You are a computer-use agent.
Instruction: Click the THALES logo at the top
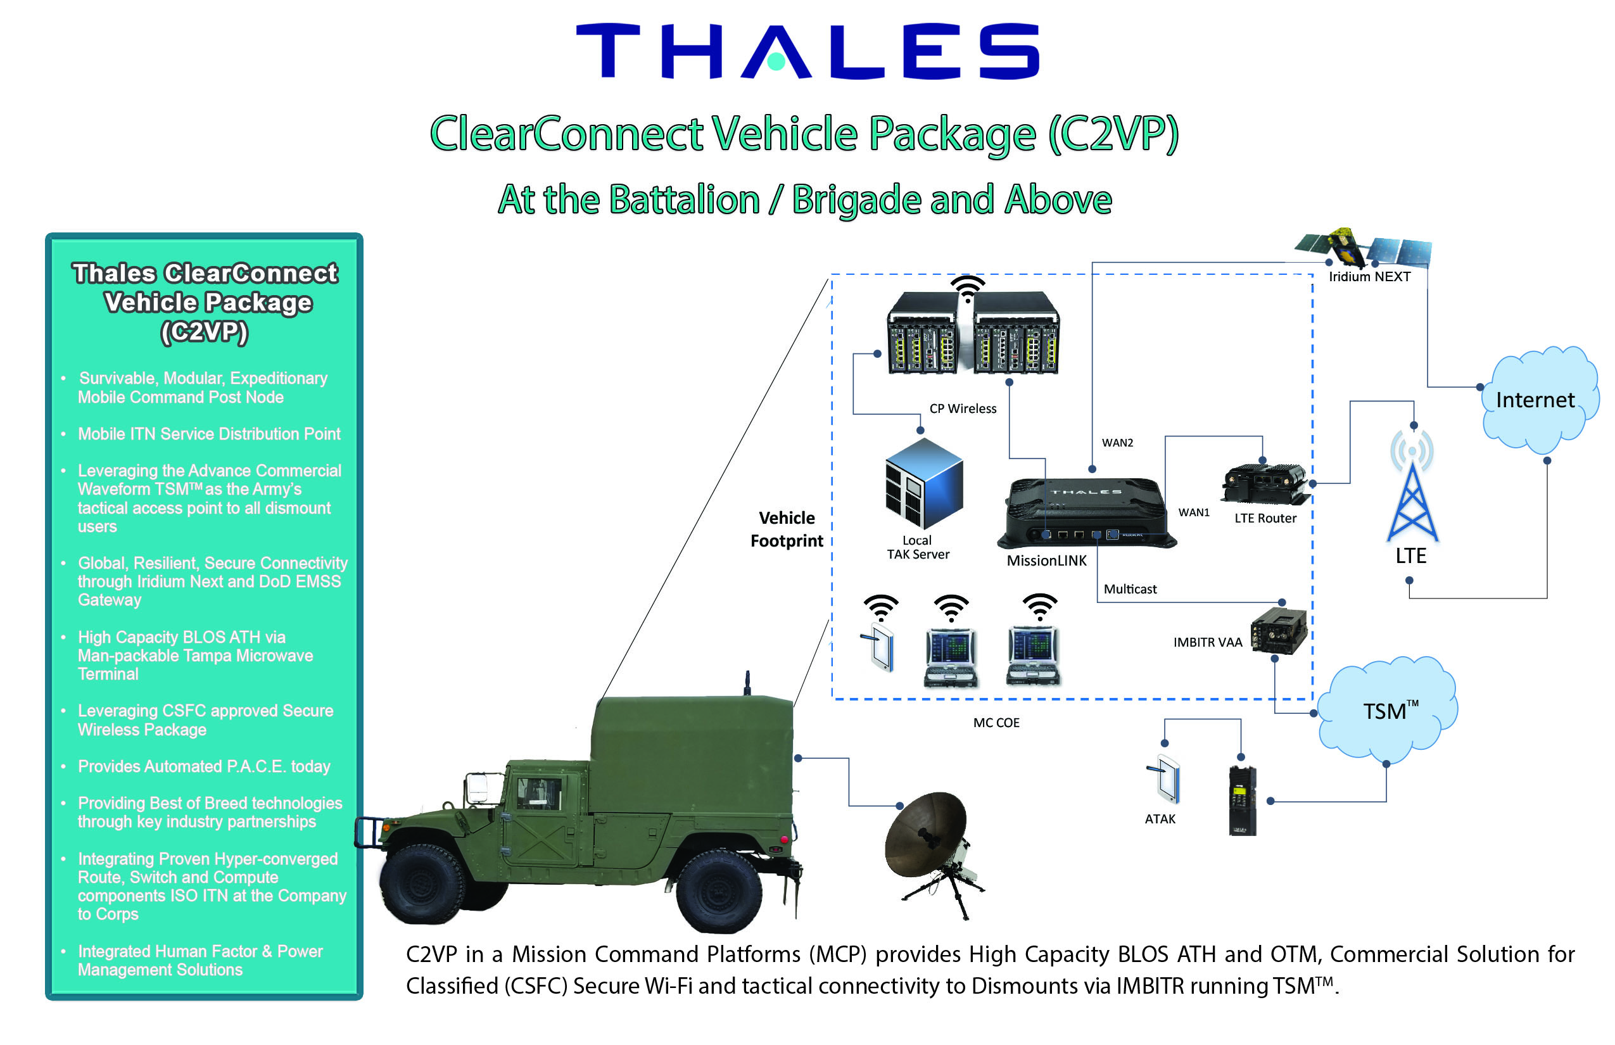[x=807, y=51]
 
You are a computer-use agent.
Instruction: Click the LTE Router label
[x=1265, y=519]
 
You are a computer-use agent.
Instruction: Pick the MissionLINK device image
[x=1086, y=512]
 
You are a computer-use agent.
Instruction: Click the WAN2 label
[x=1117, y=443]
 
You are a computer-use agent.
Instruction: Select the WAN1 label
[x=1194, y=512]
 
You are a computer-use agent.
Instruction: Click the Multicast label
[x=1130, y=589]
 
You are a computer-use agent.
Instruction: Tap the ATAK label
[x=1160, y=819]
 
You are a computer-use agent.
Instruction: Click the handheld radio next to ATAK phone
[x=1243, y=801]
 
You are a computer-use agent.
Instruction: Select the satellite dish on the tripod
[x=930, y=838]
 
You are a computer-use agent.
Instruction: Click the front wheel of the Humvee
[x=422, y=882]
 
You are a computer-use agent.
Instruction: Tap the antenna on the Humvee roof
[x=747, y=682]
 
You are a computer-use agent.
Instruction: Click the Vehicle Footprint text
[x=787, y=529]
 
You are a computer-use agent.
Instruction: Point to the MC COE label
[x=996, y=723]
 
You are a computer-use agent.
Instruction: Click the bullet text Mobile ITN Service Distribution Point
[x=209, y=434]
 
